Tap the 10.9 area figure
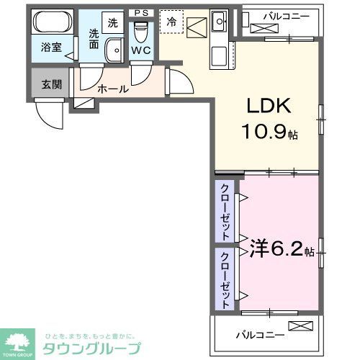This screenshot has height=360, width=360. [270, 133]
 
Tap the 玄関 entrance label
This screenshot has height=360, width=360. [51, 84]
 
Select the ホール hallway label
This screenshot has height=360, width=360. [113, 89]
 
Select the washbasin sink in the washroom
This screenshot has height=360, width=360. [114, 50]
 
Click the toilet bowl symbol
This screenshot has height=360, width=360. [141, 32]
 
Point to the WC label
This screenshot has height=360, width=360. [141, 53]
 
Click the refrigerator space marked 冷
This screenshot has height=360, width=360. [171, 22]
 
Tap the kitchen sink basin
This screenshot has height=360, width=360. [220, 19]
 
